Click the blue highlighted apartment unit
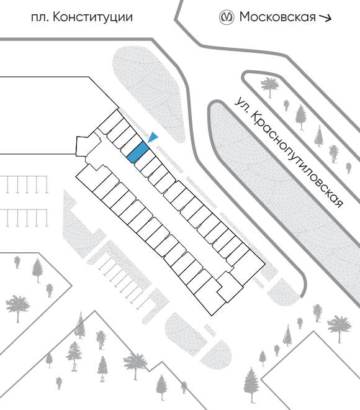(138, 152)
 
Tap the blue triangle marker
(153, 137)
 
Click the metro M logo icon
(226, 17)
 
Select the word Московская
(277, 17)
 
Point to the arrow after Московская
(325, 17)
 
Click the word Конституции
(92, 18)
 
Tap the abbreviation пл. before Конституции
(40, 18)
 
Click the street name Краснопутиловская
(297, 160)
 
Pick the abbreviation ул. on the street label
(241, 104)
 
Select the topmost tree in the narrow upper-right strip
(269, 86)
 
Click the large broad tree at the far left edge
(17, 307)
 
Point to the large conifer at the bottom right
(251, 385)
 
